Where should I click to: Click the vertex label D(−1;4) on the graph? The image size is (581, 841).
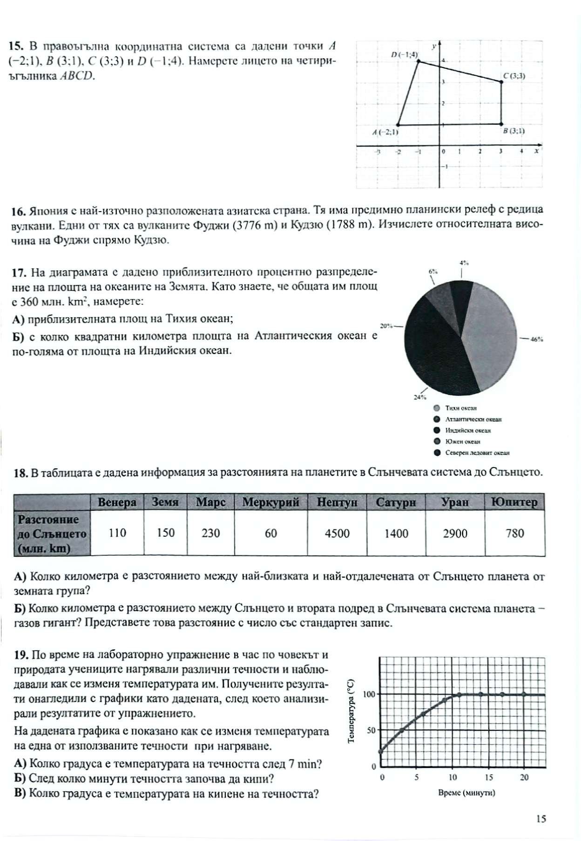[x=405, y=55]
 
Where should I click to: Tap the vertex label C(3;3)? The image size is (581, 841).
[x=514, y=76]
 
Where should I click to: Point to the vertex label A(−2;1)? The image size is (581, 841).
[x=385, y=132]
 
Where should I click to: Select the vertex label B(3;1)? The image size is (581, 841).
[x=513, y=131]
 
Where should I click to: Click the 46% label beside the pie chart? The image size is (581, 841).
[x=537, y=340]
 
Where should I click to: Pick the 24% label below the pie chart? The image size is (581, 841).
[x=419, y=397]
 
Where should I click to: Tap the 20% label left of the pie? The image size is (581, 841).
[x=387, y=326]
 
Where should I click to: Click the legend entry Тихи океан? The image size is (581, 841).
[x=460, y=408]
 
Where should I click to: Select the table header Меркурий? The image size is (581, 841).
[x=270, y=502]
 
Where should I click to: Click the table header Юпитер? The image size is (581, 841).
[x=514, y=502]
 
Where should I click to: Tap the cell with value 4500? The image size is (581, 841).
[x=337, y=533]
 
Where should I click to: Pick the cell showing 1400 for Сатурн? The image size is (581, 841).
[x=396, y=533]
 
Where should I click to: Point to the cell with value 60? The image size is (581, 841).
[x=270, y=533]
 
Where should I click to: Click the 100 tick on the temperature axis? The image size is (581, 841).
[x=369, y=694]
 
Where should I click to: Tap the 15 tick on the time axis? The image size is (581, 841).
[x=489, y=777]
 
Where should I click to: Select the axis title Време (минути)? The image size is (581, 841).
[x=466, y=793]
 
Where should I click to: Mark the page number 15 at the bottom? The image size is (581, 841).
[x=540, y=819]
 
